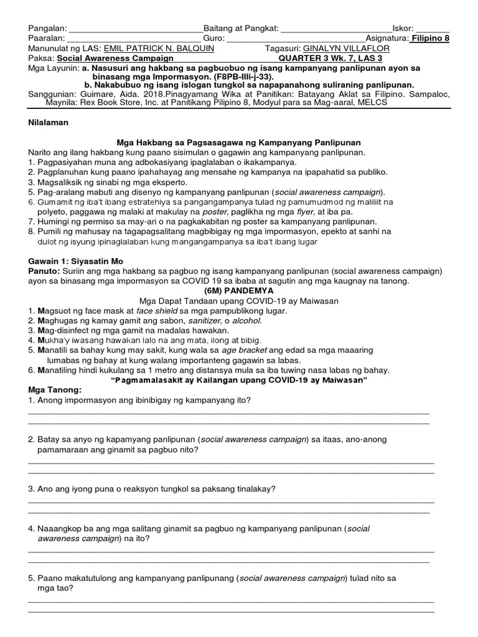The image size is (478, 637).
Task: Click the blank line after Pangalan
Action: click(135, 29)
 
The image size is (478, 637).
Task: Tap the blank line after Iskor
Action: click(432, 29)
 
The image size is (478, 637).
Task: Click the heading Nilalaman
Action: click(49, 123)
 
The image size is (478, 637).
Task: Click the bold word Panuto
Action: click(42, 271)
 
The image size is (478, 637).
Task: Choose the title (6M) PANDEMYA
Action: click(239, 290)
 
